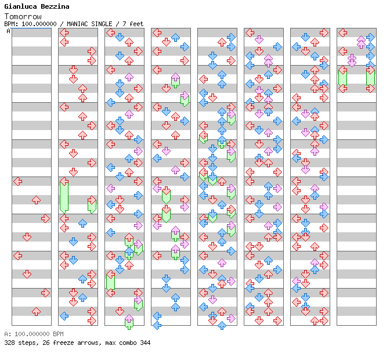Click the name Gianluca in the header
pos(20,6)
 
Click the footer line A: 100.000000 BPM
pos(34,334)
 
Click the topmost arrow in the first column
pos(18,182)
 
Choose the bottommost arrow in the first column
pos(36,312)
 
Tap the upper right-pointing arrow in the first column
pos(45,218)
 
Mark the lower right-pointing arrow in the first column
pos(45,293)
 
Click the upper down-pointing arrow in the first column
pos(27,237)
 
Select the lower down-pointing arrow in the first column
pos(27,274)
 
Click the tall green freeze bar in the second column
pos(64,196)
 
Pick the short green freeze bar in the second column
pos(92,205)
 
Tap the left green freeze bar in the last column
pos(342,77)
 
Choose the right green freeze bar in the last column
pos(370,77)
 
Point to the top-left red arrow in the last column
pos(342,33)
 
